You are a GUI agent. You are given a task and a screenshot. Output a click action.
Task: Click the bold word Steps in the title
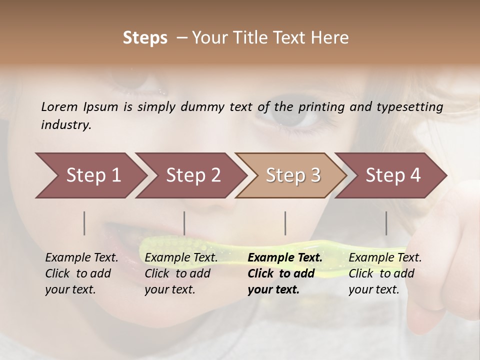145,38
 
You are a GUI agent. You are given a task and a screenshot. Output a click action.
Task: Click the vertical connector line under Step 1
84,223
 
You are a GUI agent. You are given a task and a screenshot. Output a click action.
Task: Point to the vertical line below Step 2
184,223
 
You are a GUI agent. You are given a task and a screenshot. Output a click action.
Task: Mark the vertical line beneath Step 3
285,223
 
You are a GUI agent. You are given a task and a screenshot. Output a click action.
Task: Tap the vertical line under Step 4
386,223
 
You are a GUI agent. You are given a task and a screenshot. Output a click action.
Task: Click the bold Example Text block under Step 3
284,273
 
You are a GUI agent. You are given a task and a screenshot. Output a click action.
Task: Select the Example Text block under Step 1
81,273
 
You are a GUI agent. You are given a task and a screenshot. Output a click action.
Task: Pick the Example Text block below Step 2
181,273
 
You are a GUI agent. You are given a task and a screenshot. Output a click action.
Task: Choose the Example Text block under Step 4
385,273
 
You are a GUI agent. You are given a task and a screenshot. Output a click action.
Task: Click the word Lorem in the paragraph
59,106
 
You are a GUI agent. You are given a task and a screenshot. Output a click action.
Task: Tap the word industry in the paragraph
66,125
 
